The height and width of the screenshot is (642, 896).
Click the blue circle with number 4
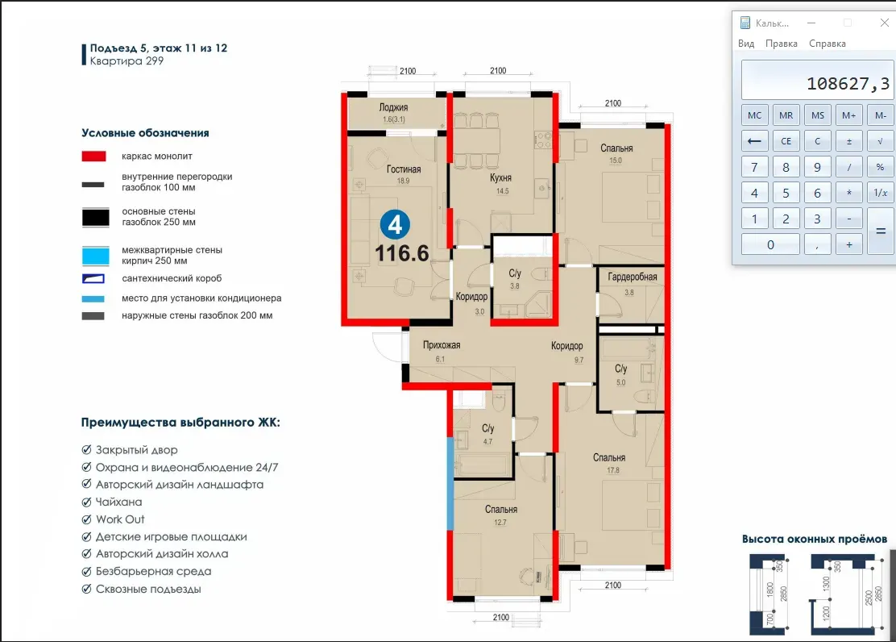395,225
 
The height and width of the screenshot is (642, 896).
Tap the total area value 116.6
402,253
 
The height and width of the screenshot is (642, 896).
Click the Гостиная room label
404,169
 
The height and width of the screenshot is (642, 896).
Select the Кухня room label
500,178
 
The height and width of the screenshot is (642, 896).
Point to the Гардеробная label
632,277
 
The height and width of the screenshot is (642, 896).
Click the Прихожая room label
442,345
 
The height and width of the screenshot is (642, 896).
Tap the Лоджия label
394,107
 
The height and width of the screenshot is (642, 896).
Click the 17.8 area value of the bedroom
613,470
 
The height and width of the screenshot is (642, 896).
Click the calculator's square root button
880,141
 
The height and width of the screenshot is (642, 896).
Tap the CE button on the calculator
786,141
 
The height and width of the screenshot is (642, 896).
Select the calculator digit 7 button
754,167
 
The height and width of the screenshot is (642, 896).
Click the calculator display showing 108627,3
818,80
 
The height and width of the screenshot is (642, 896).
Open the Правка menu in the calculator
781,44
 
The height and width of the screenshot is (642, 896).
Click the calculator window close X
884,23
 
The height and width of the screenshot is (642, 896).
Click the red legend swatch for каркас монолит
93,156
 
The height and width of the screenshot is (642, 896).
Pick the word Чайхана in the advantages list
119,502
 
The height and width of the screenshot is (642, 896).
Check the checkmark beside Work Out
87,519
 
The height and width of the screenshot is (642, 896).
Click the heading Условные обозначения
145,133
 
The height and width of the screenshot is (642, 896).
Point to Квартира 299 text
127,60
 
